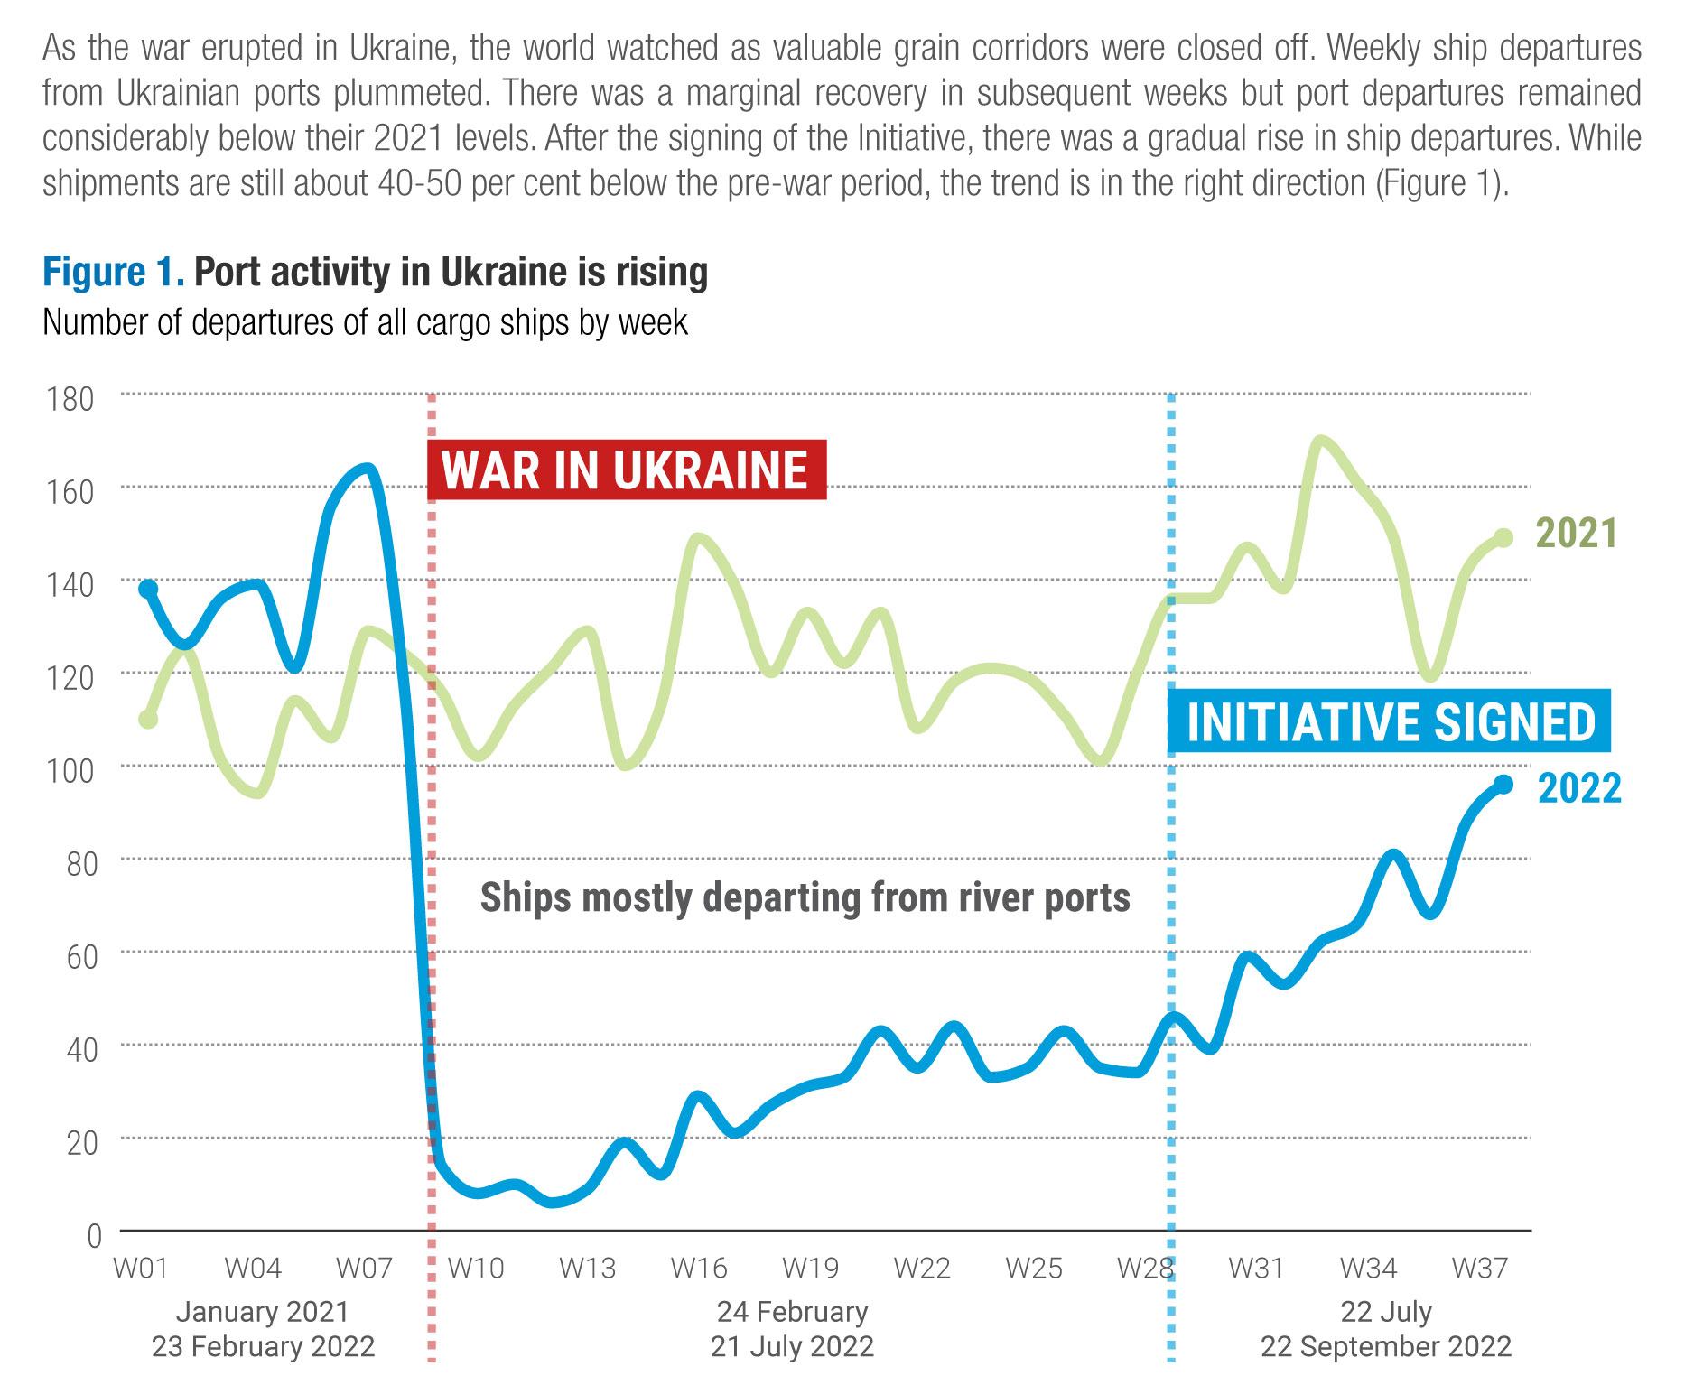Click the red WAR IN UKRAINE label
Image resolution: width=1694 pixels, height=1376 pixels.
tap(626, 470)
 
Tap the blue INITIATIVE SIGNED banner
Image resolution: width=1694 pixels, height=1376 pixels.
tap(1391, 721)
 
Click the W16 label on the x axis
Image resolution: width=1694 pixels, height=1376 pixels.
tap(698, 1269)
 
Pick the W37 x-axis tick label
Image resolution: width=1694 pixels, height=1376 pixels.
tap(1478, 1269)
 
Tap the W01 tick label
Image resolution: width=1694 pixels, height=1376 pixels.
tap(141, 1269)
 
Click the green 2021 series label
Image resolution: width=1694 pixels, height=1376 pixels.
tap(1576, 534)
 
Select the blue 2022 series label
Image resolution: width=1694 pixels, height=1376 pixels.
tap(1578, 788)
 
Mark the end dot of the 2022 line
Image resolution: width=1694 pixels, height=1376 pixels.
tap(1503, 784)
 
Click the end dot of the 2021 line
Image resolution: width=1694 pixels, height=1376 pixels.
tap(1503, 537)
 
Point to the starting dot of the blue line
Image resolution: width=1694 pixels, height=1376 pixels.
tap(148, 589)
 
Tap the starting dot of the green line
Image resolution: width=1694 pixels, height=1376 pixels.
tap(148, 719)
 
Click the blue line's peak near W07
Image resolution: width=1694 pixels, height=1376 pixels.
tap(366, 469)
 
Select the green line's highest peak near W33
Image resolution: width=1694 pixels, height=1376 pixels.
tap(1321, 441)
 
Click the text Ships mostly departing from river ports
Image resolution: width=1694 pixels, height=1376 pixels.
tap(805, 897)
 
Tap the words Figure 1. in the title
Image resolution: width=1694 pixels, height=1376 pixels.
tap(113, 273)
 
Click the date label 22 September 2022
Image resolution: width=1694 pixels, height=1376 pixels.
tap(1385, 1347)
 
